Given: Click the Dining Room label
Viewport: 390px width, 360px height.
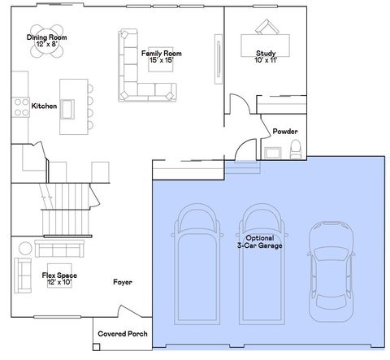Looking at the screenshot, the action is pos(46,37).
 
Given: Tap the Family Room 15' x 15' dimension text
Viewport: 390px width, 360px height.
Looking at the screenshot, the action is pos(162,60).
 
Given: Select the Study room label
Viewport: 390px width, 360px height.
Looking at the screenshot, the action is pos(266,53).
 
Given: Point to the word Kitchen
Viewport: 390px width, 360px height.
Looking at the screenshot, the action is pos(44,106).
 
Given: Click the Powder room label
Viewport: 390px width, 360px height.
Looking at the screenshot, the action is pos(285,132).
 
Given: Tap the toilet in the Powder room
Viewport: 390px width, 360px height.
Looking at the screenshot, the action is pos(296,149).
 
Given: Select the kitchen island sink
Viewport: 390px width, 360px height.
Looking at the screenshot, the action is pos(67,109).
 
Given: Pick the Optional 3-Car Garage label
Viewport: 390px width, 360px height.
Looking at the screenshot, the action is pos(260,241).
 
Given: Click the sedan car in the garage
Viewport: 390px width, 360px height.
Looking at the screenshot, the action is pos(331,271).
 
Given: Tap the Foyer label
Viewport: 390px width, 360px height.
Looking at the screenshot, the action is pos(123,282).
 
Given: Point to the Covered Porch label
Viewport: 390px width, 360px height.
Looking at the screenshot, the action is pos(123,334).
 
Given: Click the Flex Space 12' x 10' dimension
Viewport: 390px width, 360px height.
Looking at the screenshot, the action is pos(59,283).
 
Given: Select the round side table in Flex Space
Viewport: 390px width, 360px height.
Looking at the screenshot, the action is pos(25,248).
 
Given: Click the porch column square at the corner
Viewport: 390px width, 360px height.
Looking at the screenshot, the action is pos(97,347).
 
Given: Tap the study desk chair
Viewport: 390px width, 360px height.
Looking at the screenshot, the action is pos(267,27).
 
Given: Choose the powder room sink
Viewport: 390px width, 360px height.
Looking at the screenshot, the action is pos(273,153).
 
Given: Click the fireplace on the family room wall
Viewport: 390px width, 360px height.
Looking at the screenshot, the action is pos(219,59).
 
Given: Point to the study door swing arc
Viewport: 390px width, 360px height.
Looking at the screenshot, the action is pos(243,100).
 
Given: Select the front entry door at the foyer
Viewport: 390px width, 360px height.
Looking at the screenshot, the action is pos(130,311).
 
